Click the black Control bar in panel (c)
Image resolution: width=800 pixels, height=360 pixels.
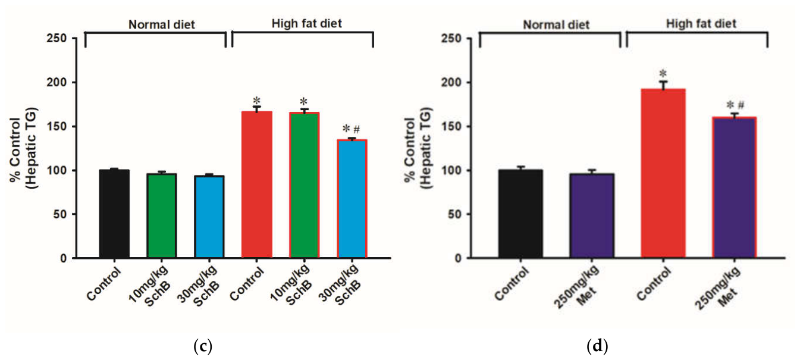pyautogui.click(x=114, y=214)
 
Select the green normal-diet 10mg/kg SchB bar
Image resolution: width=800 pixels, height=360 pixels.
pyautogui.click(x=161, y=216)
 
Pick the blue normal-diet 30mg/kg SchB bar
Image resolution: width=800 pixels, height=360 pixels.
pyautogui.click(x=209, y=217)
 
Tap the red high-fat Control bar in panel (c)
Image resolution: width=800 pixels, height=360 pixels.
pyautogui.click(x=257, y=184)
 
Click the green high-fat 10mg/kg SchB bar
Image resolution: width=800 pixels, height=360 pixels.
pyautogui.click(x=305, y=185)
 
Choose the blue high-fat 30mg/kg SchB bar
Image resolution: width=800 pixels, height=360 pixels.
pyautogui.click(x=352, y=199)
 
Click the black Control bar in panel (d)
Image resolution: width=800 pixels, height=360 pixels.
pyautogui.click(x=520, y=214)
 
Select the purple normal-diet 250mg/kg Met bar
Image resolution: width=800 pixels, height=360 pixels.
pyautogui.click(x=592, y=216)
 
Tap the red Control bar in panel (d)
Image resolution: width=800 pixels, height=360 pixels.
pyautogui.click(x=663, y=173)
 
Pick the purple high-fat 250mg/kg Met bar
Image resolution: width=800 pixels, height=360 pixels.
pyautogui.click(x=735, y=187)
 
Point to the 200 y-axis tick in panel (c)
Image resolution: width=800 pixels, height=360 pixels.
pyautogui.click(x=57, y=82)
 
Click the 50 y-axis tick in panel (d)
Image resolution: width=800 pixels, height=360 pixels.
pyautogui.click(x=454, y=214)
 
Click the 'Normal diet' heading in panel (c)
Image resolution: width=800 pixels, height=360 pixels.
pyautogui.click(x=162, y=24)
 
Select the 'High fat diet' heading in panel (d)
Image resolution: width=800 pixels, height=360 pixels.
pyautogui.click(x=701, y=24)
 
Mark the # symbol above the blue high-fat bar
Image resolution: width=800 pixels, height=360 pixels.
pyautogui.click(x=356, y=129)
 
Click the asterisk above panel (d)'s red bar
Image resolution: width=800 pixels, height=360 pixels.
pyautogui.click(x=663, y=74)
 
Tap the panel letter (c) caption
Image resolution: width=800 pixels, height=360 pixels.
pyautogui.click(x=203, y=346)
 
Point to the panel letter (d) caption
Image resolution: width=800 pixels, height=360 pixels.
pyautogui.click(x=598, y=346)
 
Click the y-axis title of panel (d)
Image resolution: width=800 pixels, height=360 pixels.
pyautogui.click(x=418, y=148)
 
